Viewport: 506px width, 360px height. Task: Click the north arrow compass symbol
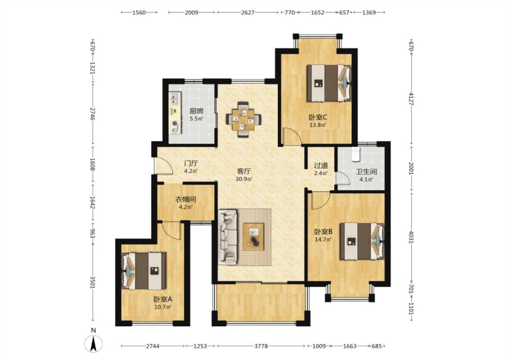tap(93, 343)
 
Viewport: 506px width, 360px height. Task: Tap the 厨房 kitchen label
tap(196, 111)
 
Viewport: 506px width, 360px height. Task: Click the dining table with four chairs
tap(243, 119)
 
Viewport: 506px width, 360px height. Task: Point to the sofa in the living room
tap(228, 237)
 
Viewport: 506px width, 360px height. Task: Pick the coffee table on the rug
tap(253, 236)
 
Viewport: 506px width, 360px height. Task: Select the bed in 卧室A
tap(144, 271)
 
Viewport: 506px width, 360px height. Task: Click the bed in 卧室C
tap(328, 83)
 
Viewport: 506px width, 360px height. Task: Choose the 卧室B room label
tap(323, 232)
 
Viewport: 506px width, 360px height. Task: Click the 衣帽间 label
tap(186, 199)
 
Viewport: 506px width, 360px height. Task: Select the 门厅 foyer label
tap(191, 164)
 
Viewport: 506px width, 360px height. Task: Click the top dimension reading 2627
tap(247, 13)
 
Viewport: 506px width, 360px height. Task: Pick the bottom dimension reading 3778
tap(261, 346)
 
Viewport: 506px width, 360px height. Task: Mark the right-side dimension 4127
tap(411, 99)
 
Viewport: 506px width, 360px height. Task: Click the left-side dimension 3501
tap(93, 282)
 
